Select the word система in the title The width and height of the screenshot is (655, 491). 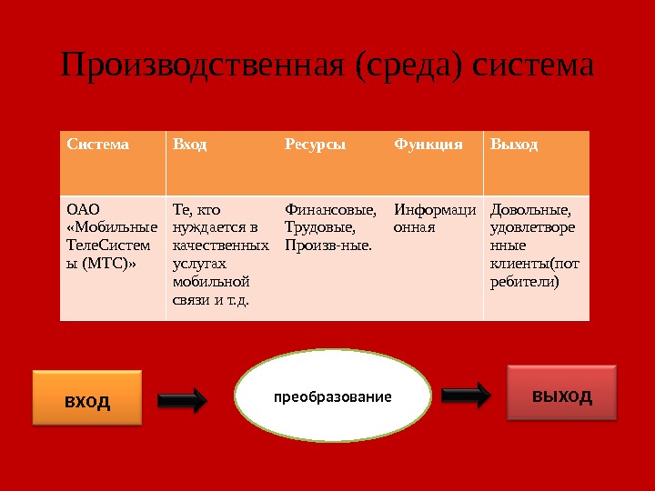(533, 65)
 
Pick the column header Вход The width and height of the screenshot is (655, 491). (190, 145)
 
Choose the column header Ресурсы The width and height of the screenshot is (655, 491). (316, 145)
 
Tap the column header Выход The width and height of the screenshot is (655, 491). (515, 145)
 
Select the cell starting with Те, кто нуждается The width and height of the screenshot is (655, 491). (219, 255)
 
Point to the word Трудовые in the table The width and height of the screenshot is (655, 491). (318, 227)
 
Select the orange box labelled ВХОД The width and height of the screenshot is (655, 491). (87, 397)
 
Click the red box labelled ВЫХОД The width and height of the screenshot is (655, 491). (561, 393)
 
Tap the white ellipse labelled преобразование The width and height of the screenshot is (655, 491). (333, 397)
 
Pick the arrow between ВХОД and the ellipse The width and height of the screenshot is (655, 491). (183, 399)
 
